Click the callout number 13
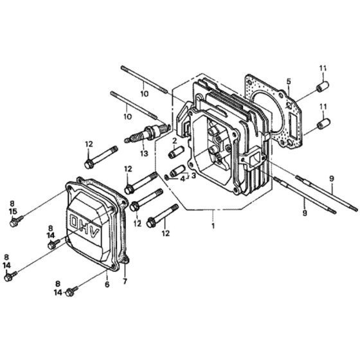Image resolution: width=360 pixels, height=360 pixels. coord(144,153)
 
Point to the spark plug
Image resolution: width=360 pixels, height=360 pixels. coord(147,133)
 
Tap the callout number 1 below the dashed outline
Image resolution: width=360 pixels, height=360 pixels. coord(213,226)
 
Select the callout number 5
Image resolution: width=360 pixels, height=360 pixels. coord(289,81)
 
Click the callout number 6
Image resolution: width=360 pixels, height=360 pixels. coord(107,284)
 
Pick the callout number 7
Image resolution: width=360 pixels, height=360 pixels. coord(125,282)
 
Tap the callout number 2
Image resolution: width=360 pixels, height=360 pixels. coord(175,140)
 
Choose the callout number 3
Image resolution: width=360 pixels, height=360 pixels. coord(194,175)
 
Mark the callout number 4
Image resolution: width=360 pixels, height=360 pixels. coord(183,179)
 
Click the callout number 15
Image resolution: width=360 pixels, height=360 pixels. coord(13,211)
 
